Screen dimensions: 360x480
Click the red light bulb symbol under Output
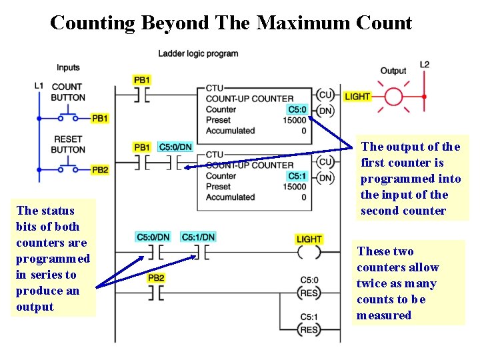[393, 96]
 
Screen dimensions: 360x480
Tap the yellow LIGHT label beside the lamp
[357, 97]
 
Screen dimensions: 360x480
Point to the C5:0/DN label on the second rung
[175, 147]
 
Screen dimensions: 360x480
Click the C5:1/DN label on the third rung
[198, 237]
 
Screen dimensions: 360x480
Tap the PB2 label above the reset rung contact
[155, 277]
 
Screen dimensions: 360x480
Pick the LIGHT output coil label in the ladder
[309, 239]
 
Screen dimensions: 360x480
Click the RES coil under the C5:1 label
[309, 329]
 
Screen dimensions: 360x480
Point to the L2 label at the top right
[425, 65]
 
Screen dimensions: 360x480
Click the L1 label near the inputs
[39, 86]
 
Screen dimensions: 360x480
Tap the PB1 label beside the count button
[99, 119]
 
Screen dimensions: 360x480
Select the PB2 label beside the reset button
[99, 170]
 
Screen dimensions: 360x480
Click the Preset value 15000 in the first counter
[294, 120]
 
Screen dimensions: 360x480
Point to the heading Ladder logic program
[198, 53]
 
